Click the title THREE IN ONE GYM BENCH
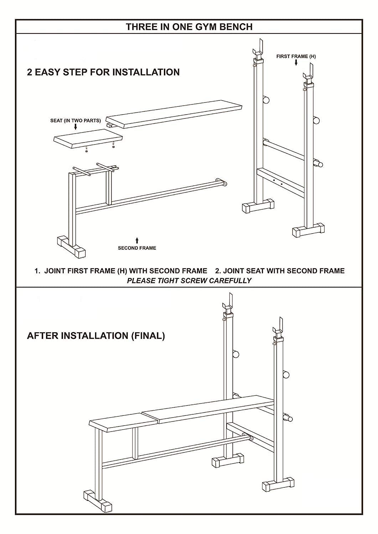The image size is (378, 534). click(189, 27)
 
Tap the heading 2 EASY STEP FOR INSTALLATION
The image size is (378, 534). click(103, 72)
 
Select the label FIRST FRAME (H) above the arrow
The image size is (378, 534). click(296, 56)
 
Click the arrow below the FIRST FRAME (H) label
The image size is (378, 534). click(296, 63)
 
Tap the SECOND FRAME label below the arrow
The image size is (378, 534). click(137, 248)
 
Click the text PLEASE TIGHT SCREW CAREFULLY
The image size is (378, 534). click(189, 281)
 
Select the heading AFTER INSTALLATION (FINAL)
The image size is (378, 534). click(96, 336)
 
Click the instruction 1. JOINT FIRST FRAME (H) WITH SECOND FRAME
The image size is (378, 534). click(121, 271)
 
